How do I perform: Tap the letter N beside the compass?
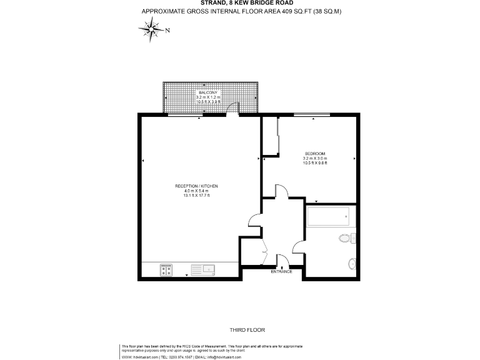point(167,29)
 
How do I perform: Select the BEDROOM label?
point(315,154)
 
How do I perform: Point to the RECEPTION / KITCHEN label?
point(196,186)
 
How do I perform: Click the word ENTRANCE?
point(281,271)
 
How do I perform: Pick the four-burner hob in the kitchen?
point(166,270)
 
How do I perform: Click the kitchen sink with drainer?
point(204,270)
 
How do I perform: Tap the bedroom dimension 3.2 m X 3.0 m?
point(315,159)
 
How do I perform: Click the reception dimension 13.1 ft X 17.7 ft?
point(196,196)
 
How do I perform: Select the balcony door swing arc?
point(233,109)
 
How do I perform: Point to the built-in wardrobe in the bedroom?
point(269,136)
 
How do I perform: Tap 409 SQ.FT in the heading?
point(287,12)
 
